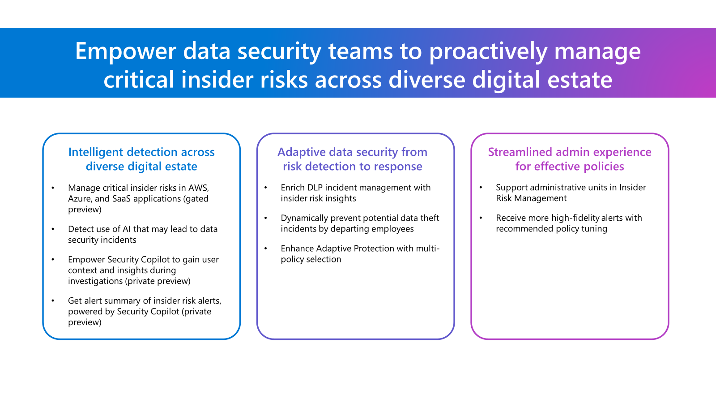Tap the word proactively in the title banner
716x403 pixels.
click(x=488, y=51)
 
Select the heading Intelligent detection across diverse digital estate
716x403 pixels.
click(x=141, y=159)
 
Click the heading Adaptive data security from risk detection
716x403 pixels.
click(x=352, y=159)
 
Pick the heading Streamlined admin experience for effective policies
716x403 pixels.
click(x=569, y=159)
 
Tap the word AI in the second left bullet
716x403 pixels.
click(x=127, y=229)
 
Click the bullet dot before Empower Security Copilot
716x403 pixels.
click(x=53, y=259)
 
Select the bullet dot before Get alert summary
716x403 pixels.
click(x=53, y=300)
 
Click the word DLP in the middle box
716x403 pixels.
click(x=315, y=188)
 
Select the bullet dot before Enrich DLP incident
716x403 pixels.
click(x=265, y=188)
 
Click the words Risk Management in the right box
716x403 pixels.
click(x=531, y=198)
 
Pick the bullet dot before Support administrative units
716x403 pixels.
click(x=481, y=188)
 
